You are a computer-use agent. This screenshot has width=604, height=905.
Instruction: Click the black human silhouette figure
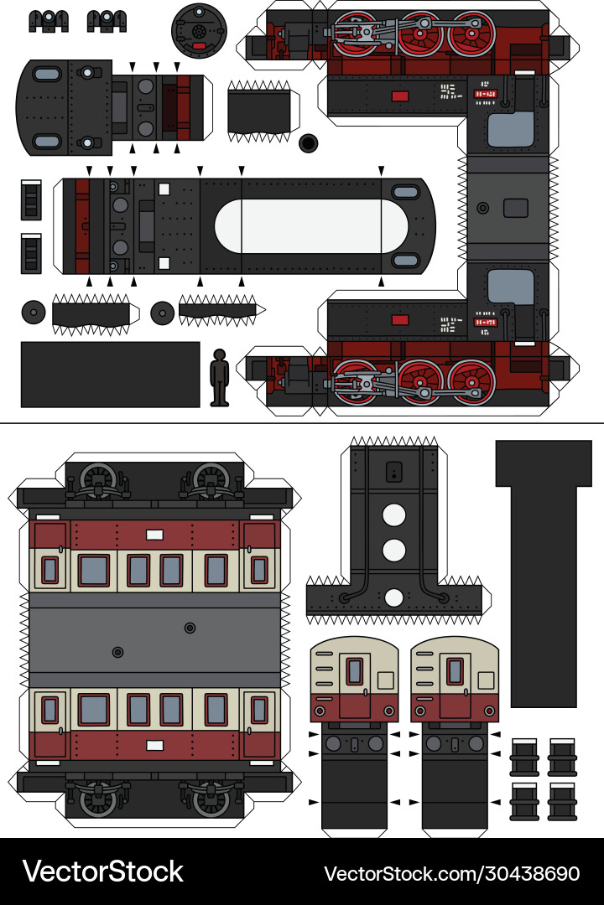tap(220, 377)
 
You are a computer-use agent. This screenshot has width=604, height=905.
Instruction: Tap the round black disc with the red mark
tap(200, 30)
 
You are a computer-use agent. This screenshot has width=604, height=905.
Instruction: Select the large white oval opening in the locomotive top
tap(311, 225)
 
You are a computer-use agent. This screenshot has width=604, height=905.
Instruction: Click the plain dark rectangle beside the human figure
tap(110, 374)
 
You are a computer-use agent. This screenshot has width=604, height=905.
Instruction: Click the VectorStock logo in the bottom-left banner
tap(102, 871)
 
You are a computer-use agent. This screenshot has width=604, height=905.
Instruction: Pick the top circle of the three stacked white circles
tap(394, 514)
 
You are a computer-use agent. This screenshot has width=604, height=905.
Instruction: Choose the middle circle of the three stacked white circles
tap(394, 551)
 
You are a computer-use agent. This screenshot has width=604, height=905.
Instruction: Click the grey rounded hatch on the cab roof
tap(515, 207)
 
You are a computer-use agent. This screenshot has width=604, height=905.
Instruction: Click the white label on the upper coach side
tap(154, 535)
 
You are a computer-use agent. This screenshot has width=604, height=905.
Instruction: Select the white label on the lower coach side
tap(154, 745)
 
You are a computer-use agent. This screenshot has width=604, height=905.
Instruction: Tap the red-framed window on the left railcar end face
tap(355, 671)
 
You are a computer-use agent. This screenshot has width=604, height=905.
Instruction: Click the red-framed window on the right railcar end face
tap(455, 671)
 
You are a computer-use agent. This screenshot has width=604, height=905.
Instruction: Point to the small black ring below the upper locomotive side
tap(308, 143)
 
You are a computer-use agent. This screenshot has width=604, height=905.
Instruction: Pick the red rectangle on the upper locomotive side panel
tap(400, 96)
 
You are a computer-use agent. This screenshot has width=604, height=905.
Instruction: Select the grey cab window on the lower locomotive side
tap(511, 287)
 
